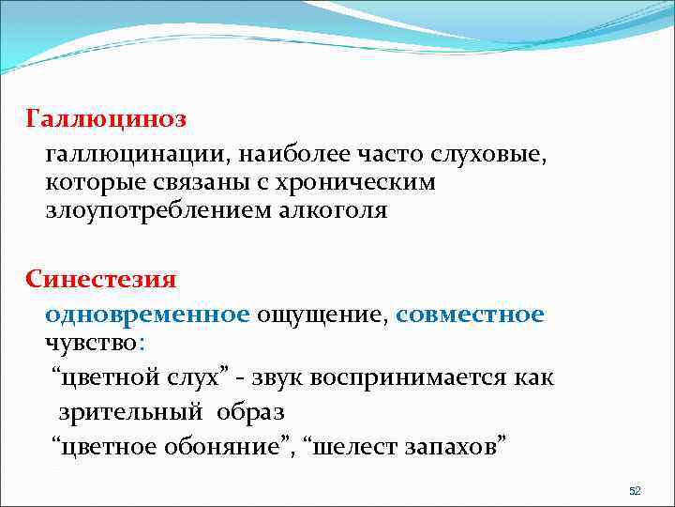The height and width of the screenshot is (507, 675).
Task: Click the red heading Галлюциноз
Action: pyautogui.click(x=106, y=119)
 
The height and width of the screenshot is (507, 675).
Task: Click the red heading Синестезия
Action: pyautogui.click(x=101, y=280)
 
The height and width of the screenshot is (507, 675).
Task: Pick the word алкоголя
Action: pyautogui.click(x=335, y=210)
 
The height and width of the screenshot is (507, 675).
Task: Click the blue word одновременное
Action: pyautogui.click(x=146, y=313)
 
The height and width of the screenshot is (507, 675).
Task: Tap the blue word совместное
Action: pyautogui.click(x=470, y=313)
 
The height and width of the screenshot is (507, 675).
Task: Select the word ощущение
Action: pyautogui.click(x=321, y=313)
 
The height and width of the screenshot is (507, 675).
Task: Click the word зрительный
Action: pyautogui.click(x=131, y=411)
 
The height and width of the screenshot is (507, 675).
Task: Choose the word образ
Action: pyautogui.click(x=250, y=411)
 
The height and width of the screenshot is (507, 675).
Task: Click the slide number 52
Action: pyautogui.click(x=634, y=491)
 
